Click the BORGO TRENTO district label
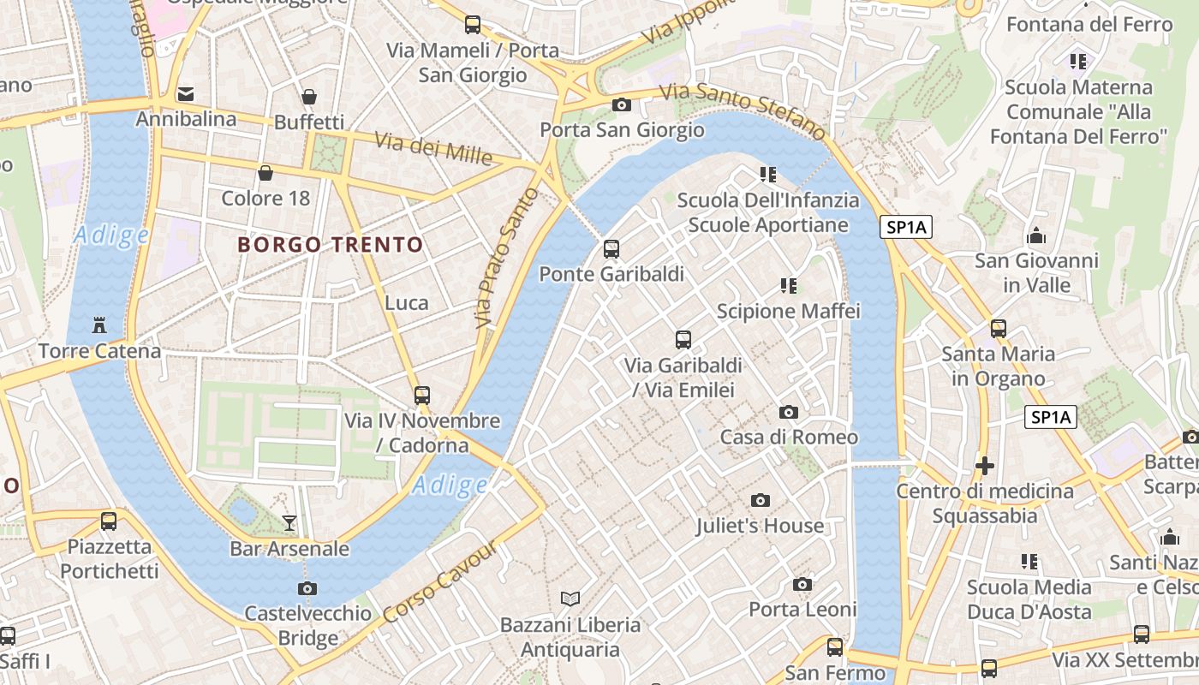[331, 245]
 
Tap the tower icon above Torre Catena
[100, 325]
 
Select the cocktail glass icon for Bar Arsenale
[289, 522]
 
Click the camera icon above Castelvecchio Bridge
[307, 588]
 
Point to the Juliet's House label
[760, 526]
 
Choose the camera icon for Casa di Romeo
[789, 413]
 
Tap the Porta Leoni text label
[802, 610]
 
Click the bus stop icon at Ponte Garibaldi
[611, 249]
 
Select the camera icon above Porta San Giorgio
[622, 105]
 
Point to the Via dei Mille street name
[433, 149]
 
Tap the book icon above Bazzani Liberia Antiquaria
[570, 599]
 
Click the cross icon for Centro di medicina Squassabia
[985, 467]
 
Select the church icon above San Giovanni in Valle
[1036, 235]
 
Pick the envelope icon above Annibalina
[186, 94]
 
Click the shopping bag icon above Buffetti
[308, 98]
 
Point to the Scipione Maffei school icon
[789, 285]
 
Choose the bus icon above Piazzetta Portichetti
[109, 521]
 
